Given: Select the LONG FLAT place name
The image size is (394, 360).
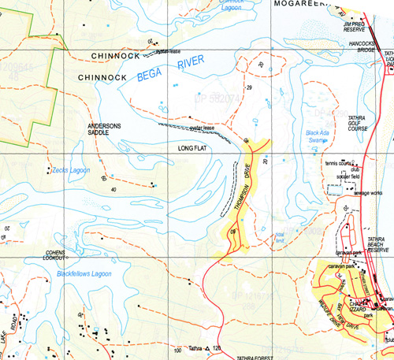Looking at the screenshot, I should pyautogui.click(x=194, y=147).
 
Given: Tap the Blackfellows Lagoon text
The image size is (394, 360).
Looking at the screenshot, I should pyautogui.click(x=75, y=273).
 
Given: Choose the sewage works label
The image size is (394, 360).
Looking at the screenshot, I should pyautogui.click(x=368, y=192).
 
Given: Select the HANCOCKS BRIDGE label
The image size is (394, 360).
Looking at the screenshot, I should pyautogui.click(x=363, y=43).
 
